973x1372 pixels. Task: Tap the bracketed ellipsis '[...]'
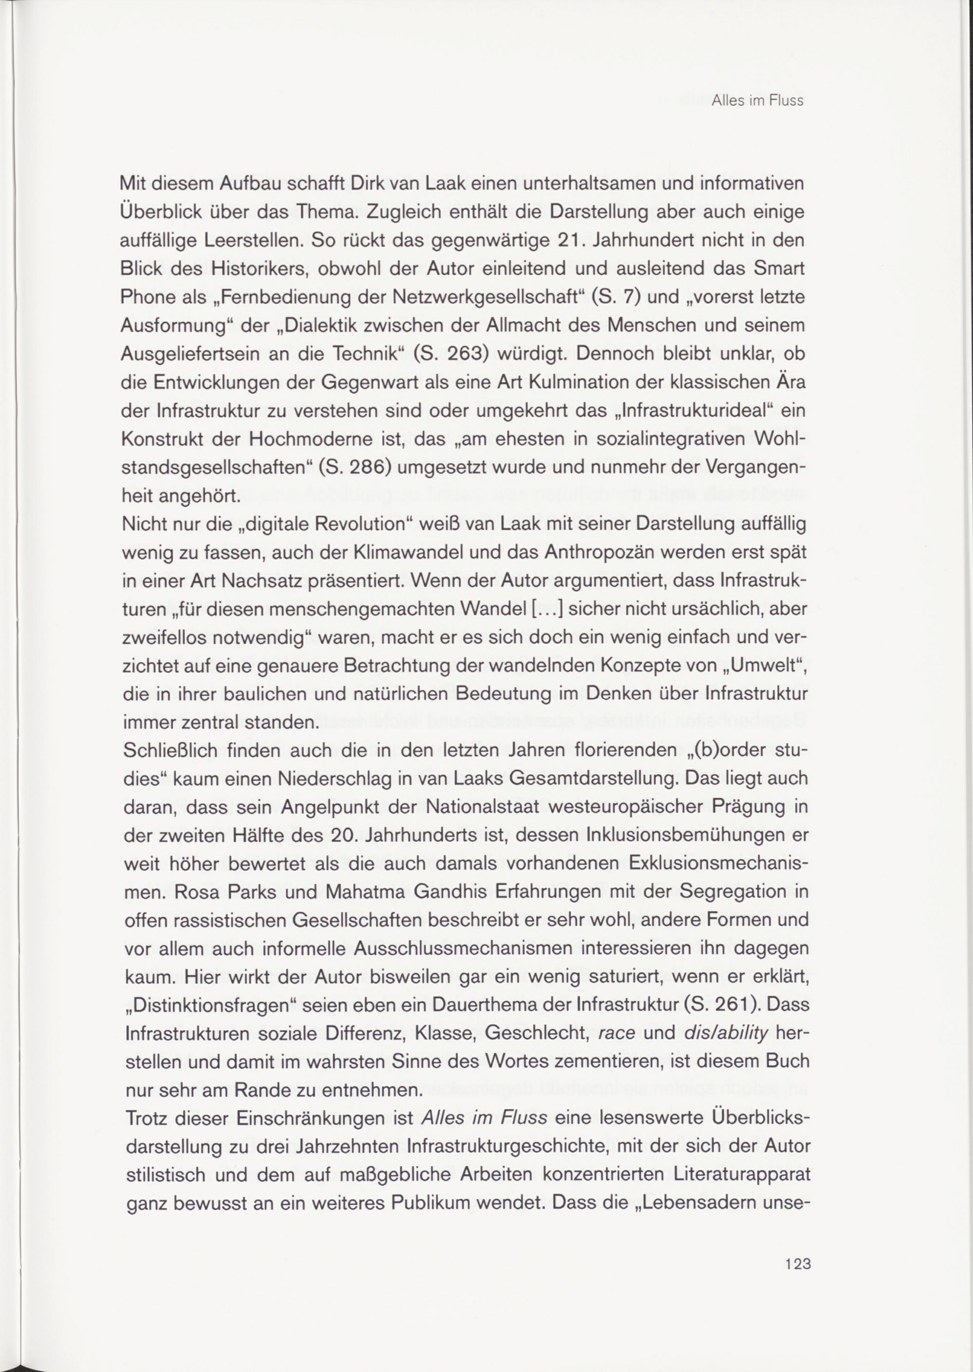click(x=543, y=611)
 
